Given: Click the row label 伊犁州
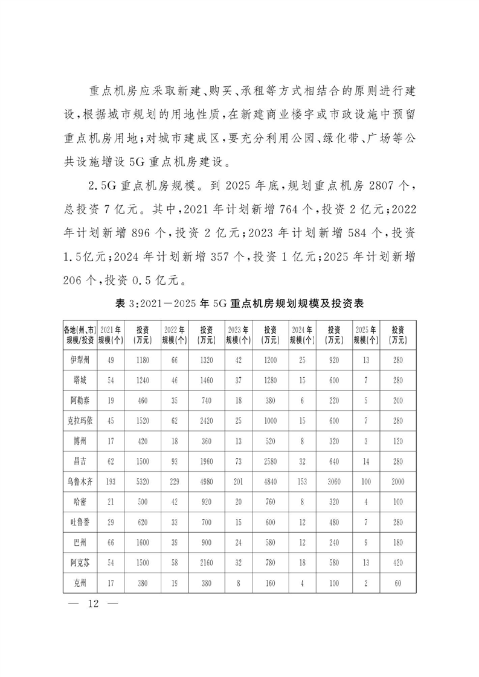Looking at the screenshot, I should pos(80,361).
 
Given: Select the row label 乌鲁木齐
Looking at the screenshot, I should pos(80,483).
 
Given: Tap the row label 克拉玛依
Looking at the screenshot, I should pos(80,422).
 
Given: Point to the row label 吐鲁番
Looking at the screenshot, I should pos(80,523).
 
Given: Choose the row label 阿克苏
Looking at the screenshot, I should pos(80,564).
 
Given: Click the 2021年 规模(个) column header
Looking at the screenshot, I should pos(111,334).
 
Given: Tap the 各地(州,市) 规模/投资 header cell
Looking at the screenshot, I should pos(80,334).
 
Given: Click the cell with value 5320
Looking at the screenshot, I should pos(143,483).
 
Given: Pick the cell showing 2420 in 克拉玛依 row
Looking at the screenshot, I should pos(207,422).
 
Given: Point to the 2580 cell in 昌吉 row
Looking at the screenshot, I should pos(270,462).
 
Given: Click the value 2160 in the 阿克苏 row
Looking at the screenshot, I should pos(207,564).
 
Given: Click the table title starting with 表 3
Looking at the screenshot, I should pos(239,304).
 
